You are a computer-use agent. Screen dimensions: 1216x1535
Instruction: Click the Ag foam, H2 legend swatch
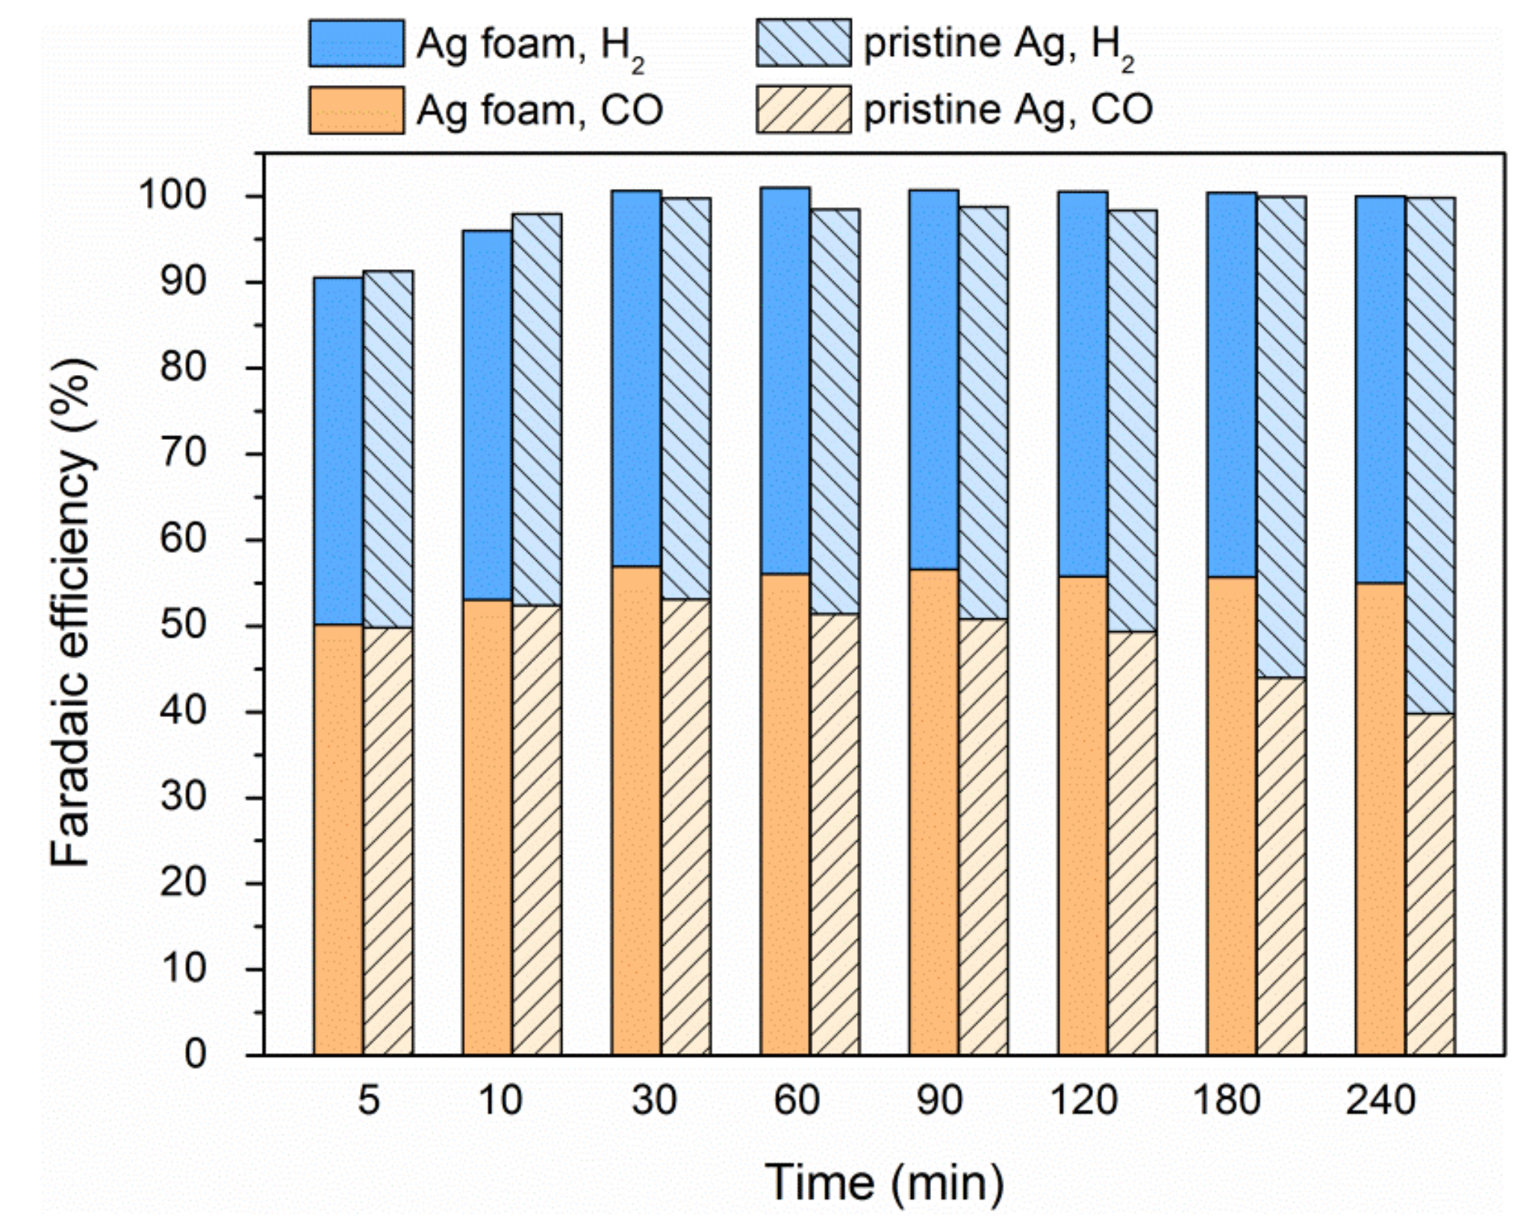[357, 44]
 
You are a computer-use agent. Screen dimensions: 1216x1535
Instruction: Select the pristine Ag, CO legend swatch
[803, 111]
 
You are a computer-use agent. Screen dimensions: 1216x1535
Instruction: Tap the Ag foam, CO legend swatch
[357, 111]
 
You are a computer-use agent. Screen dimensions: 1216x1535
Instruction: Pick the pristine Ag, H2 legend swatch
[803, 44]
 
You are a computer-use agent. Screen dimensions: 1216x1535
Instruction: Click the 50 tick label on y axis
[183, 625]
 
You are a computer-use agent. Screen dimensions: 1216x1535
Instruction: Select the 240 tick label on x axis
[1380, 1100]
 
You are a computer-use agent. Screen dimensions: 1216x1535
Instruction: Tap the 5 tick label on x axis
[369, 1100]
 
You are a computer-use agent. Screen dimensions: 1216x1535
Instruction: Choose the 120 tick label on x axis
[1084, 1100]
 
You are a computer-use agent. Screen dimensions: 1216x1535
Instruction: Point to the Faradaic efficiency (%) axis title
[72, 612]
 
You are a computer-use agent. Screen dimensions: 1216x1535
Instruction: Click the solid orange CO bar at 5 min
[338, 840]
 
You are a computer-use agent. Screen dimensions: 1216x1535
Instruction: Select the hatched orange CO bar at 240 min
[1430, 884]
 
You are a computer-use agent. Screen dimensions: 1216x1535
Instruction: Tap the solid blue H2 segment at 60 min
[785, 381]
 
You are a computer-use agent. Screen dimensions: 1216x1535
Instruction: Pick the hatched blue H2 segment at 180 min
[1281, 437]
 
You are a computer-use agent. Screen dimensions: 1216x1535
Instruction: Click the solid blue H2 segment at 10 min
[487, 415]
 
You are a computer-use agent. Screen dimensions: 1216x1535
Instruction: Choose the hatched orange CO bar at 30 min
[685, 827]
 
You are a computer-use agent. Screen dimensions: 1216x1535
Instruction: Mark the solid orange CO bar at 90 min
[933, 812]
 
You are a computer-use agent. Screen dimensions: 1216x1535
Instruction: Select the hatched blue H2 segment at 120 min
[1132, 421]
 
